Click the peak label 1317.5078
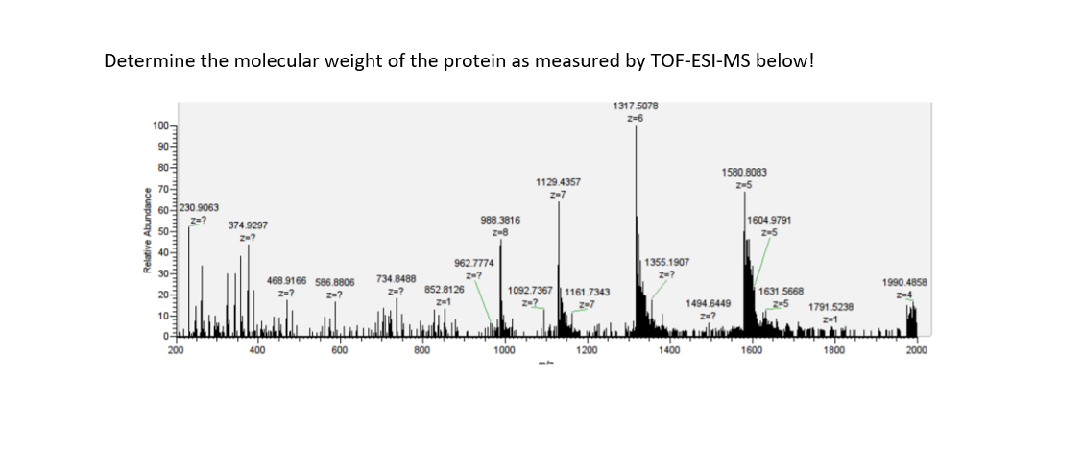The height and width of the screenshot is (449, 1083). pyautogui.click(x=635, y=106)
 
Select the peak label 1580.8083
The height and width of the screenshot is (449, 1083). pyautogui.click(x=744, y=172)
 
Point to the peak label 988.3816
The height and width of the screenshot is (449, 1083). pyautogui.click(x=500, y=220)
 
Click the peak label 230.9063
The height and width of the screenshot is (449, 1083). pyautogui.click(x=200, y=207)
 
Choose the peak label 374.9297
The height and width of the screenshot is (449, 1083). pyautogui.click(x=248, y=224)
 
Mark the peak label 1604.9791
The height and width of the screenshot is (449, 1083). pyautogui.click(x=769, y=220)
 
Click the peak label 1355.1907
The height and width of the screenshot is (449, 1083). pyautogui.click(x=666, y=262)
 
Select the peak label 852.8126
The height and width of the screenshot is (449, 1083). pyautogui.click(x=444, y=289)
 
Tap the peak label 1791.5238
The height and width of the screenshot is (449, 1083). pyautogui.click(x=830, y=306)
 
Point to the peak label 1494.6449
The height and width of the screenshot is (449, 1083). pyautogui.click(x=710, y=302)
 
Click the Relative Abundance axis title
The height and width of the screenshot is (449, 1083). pyautogui.click(x=147, y=230)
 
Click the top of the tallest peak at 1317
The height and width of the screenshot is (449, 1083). pyautogui.click(x=636, y=127)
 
